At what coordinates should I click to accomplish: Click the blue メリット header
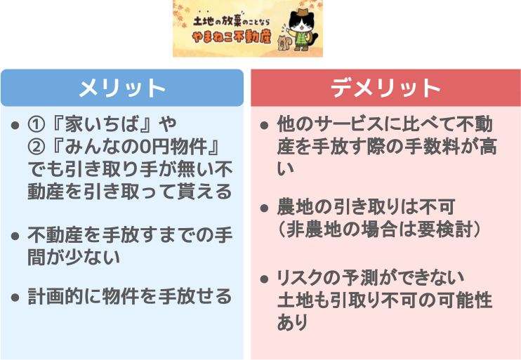click(122, 88)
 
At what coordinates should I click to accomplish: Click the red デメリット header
click(385, 88)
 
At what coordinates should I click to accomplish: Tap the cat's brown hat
click(302, 13)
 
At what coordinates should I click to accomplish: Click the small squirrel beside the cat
click(284, 44)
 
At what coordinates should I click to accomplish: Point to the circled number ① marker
click(36, 124)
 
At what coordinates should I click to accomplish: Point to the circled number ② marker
click(36, 147)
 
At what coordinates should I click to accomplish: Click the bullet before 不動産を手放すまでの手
click(15, 236)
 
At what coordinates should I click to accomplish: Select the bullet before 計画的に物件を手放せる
click(15, 297)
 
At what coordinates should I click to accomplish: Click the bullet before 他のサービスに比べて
click(264, 126)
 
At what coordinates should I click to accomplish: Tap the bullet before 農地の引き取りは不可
click(264, 208)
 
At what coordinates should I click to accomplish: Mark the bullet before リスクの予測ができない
click(264, 279)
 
